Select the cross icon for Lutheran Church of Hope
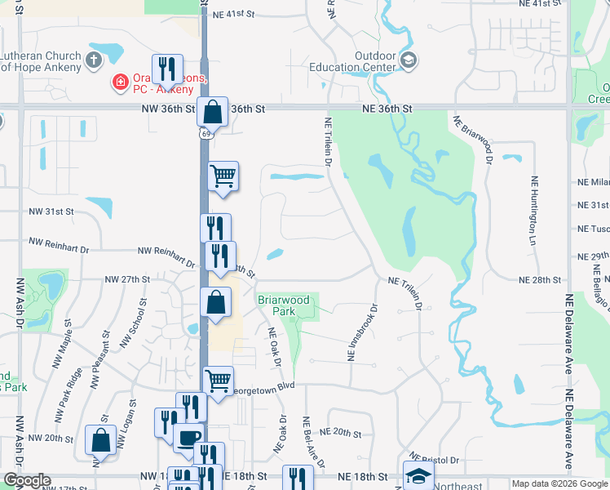pyautogui.click(x=94, y=59)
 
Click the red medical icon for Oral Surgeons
pyautogui.click(x=118, y=82)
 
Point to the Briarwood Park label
pyautogui.click(x=284, y=305)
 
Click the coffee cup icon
pyautogui.click(x=189, y=438)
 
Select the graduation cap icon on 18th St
pyautogui.click(x=418, y=474)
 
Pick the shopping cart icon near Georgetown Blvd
pyautogui.click(x=218, y=380)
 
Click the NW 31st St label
pyautogui.click(x=51, y=212)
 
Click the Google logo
pyautogui.click(x=27, y=480)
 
